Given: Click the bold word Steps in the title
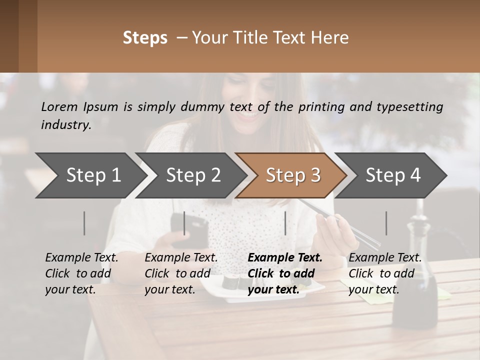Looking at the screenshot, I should point(145,38).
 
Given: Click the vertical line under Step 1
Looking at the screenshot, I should point(84,223).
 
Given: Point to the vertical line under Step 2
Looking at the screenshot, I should point(184,223).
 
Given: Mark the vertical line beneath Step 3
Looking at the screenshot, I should point(285,223).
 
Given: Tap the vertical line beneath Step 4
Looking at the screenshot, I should point(386,223).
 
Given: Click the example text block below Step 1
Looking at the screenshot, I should point(81,273).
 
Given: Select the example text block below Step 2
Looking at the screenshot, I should point(181,273).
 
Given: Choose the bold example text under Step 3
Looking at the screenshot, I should point(285,273).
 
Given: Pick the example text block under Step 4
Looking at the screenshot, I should point(385,273).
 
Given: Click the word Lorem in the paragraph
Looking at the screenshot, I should point(59,106).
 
